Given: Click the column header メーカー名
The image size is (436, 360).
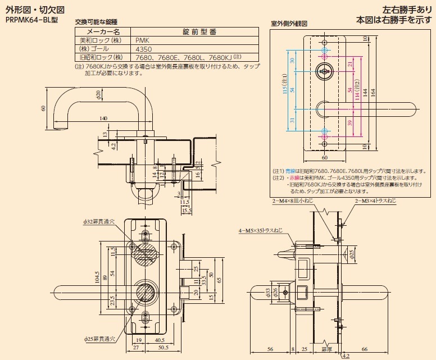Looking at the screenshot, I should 102,32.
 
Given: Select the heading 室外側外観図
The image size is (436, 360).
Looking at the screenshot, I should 289,25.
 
